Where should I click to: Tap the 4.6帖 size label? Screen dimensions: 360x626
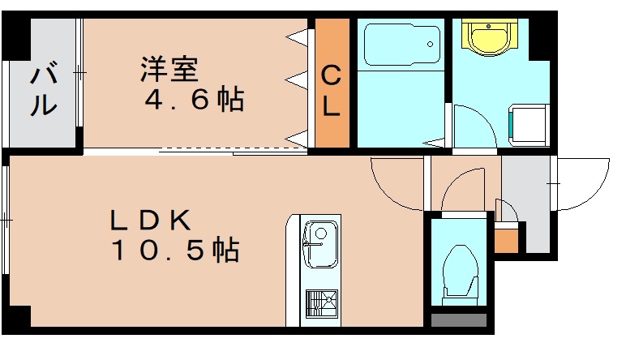click(194, 101)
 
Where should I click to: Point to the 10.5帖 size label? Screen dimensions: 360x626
click(174, 251)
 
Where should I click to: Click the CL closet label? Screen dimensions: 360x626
click(332, 91)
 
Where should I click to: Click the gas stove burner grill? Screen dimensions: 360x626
click(319, 306)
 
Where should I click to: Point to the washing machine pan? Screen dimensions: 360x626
click(528, 124)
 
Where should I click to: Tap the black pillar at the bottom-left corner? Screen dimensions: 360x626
click(18, 318)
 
